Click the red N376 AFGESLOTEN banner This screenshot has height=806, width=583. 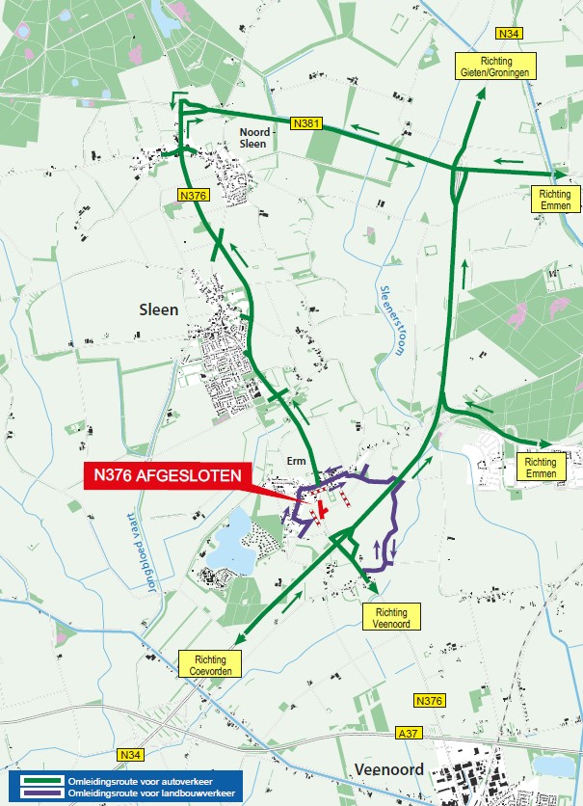(x=170, y=474)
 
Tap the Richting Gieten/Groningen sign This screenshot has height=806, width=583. (x=493, y=66)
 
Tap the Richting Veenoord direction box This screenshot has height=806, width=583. (x=391, y=617)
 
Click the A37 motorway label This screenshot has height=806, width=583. (x=409, y=734)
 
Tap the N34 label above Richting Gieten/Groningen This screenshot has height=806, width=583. (x=513, y=35)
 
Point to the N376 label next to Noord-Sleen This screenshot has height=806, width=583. (x=194, y=195)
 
